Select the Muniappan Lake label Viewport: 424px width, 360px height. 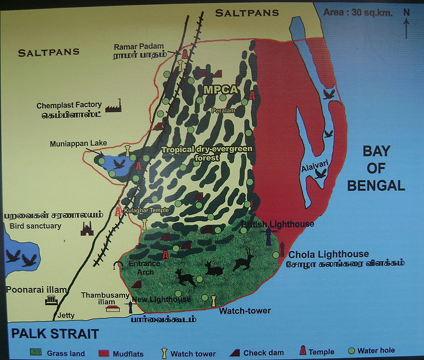[x=79, y=143]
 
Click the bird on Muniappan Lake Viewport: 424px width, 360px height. [x=120, y=163]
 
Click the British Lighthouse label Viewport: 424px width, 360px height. [x=277, y=224]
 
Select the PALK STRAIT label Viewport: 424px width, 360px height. [x=54, y=334]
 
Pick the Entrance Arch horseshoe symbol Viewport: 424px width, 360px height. [x=119, y=264]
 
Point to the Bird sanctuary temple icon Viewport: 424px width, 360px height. [x=87, y=228]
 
